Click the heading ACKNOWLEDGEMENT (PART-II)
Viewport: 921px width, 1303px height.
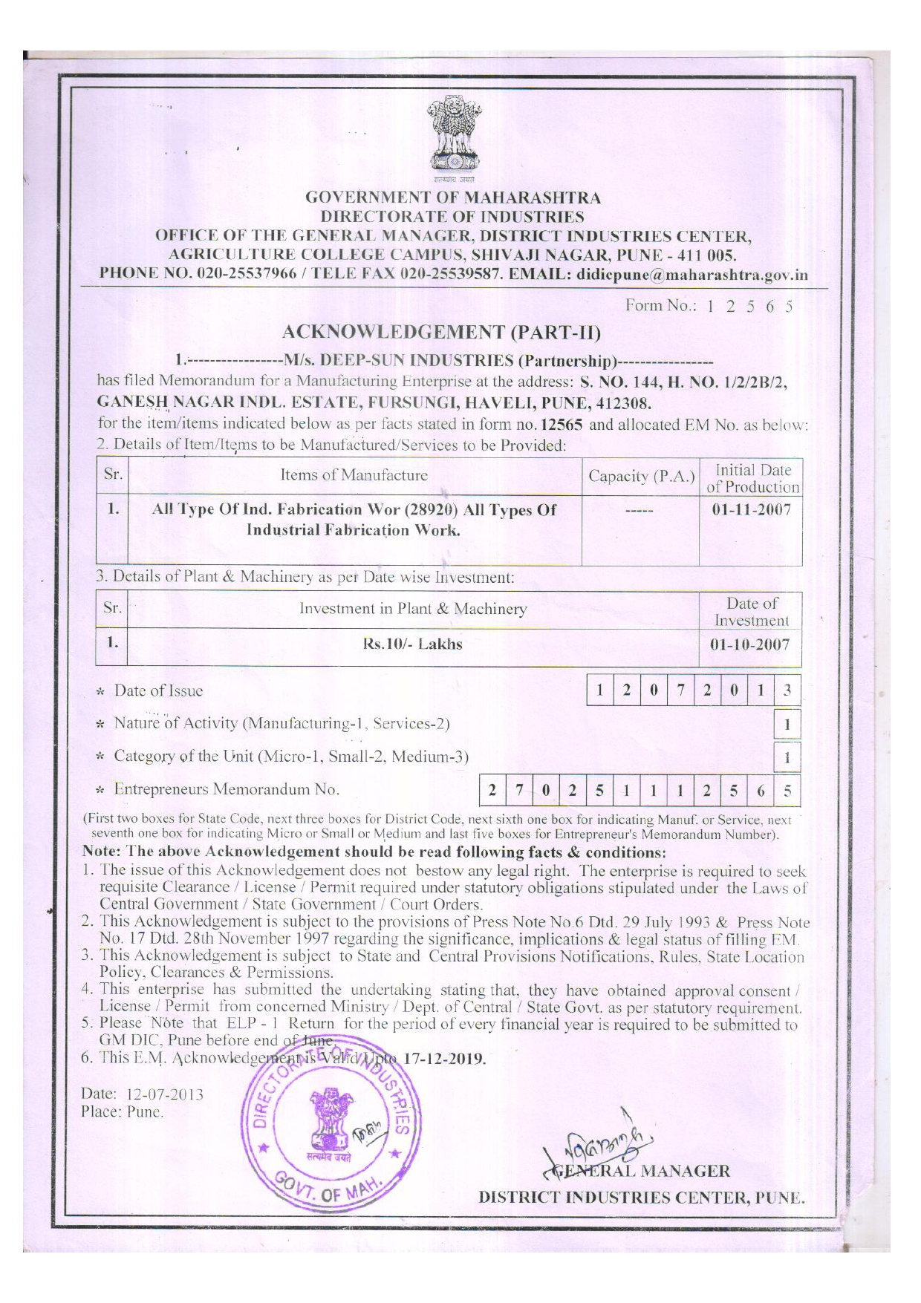(442, 332)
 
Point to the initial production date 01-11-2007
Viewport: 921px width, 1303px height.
(750, 510)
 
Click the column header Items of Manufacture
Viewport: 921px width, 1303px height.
(354, 475)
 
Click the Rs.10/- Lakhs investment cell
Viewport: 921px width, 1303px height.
(412, 644)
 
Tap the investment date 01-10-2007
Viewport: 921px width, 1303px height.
(750, 644)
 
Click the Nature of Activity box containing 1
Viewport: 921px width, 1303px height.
(787, 724)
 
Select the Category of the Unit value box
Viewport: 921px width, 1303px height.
(787, 758)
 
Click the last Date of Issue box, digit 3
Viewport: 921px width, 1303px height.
(787, 690)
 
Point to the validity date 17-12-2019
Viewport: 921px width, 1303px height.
(444, 1059)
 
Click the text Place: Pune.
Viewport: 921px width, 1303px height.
(122, 1112)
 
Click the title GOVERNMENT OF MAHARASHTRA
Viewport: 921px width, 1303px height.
(453, 198)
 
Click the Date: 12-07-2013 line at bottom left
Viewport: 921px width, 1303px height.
(142, 1094)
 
